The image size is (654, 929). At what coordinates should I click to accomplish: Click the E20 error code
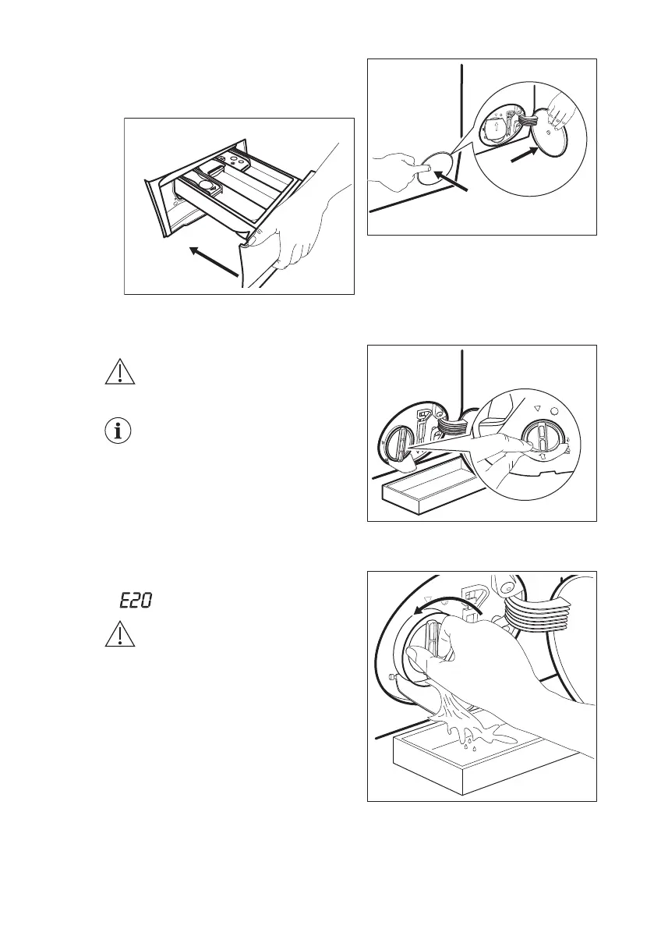click(135, 601)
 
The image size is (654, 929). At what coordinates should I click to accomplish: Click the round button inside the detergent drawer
click(206, 186)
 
